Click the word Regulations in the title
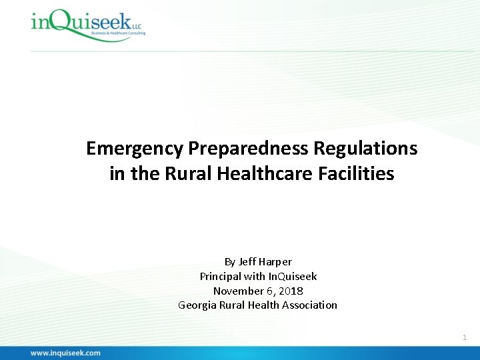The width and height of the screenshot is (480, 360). click(348, 148)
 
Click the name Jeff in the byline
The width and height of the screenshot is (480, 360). click(248, 261)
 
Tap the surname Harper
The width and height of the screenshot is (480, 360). click(276, 261)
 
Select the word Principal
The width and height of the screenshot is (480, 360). click(221, 276)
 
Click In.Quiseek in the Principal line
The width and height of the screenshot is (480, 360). click(293, 276)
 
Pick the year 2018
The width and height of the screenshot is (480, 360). click(291, 291)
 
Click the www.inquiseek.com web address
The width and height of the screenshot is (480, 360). click(65, 353)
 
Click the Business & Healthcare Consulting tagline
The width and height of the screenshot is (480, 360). click(119, 33)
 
